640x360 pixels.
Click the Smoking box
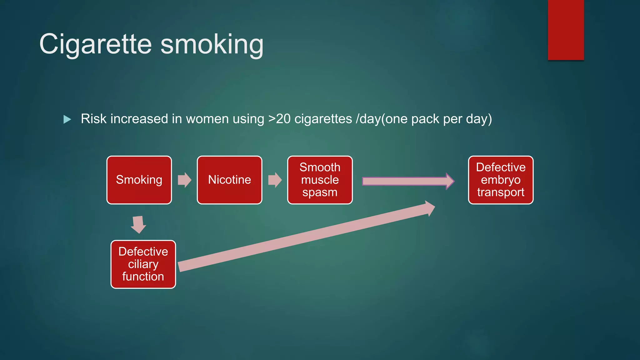139,180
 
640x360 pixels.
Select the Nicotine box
229,180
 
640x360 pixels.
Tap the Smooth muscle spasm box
320,180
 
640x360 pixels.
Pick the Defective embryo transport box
501,180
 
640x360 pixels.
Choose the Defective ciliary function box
143,264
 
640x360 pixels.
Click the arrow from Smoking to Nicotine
184,180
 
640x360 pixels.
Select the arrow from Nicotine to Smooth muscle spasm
275,180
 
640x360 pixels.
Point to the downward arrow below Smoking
138,224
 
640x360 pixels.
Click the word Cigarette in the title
96,44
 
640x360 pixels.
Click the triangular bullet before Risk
67,119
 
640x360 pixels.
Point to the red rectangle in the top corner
566,30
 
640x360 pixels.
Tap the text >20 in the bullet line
279,119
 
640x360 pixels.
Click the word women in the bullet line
207,119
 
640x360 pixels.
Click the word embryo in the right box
501,180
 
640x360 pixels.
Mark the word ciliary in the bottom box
143,264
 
